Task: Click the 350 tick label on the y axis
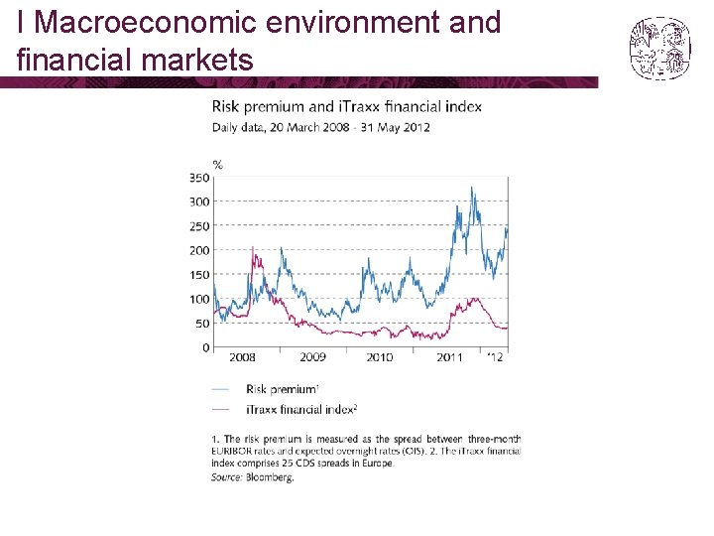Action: [198, 178]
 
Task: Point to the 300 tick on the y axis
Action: [198, 201]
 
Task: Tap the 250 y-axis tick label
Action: [198, 226]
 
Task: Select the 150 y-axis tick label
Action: [198, 275]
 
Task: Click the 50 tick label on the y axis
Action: [201, 324]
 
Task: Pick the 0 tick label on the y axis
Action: [205, 347]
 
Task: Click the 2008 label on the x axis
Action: [242, 357]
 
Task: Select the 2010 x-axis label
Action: [379, 357]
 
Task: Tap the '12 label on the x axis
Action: [495, 357]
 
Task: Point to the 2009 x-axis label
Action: [312, 357]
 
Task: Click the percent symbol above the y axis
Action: [217, 164]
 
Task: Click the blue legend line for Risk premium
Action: [221, 389]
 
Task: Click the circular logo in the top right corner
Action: [659, 49]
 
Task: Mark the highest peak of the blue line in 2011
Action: [472, 188]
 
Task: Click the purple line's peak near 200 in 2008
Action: [253, 248]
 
